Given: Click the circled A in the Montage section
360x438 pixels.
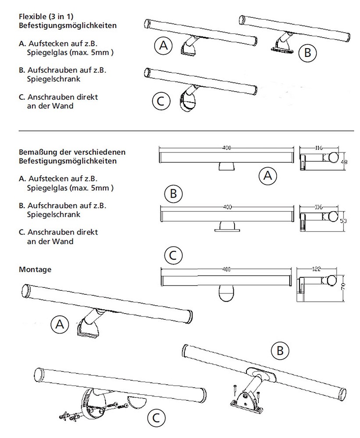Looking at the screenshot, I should coord(60,325).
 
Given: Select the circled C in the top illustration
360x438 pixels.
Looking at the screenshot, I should coord(160,101).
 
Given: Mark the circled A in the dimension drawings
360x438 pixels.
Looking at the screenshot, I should coord(268,175).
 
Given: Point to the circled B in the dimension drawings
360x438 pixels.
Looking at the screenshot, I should coord(173,193).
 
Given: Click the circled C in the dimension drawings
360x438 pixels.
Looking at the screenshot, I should coord(173,254).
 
